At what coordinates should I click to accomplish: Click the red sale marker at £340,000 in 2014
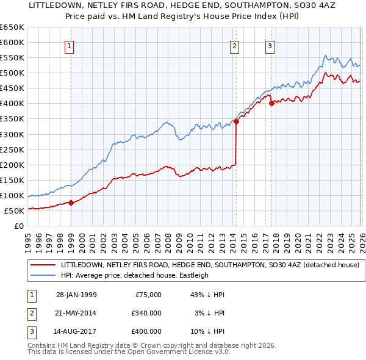[236, 121]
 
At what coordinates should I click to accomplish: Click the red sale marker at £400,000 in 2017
[271, 103]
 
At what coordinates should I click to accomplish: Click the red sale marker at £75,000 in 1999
[71, 203]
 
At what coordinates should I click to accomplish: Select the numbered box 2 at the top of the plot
[235, 45]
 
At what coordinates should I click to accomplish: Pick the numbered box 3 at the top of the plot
[270, 45]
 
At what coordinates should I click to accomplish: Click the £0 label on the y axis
[18, 226]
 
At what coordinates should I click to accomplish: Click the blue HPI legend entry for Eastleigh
[134, 275]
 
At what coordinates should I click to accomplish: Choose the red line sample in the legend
[43, 265]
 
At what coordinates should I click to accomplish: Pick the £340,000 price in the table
[146, 314]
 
